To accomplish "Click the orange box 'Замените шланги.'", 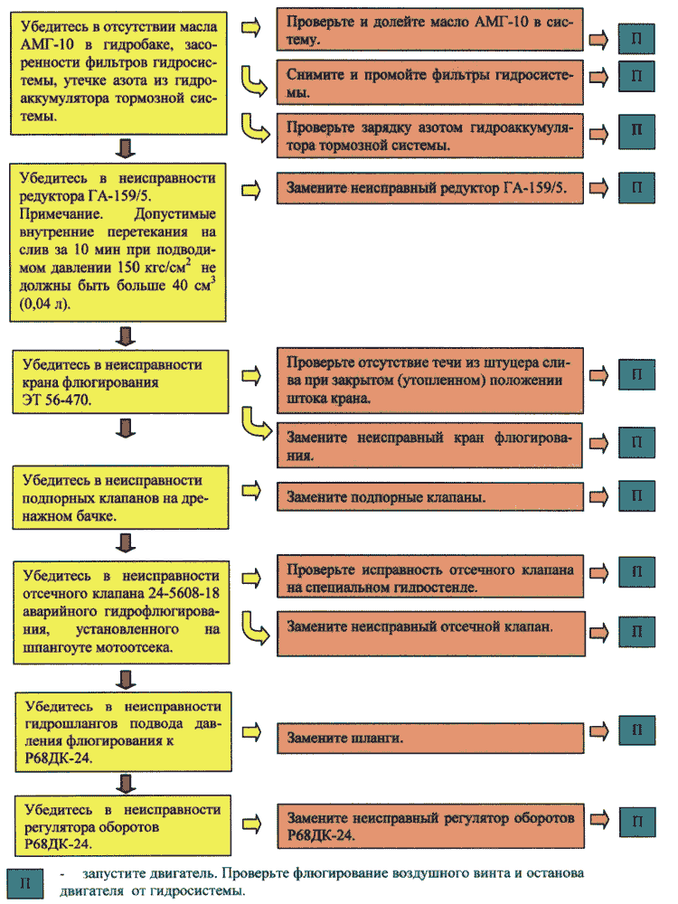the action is [430, 738].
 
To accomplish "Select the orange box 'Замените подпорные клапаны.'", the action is [430, 496].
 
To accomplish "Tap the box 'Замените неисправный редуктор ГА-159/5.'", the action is [430, 188].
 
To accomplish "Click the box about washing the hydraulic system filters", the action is [430, 82].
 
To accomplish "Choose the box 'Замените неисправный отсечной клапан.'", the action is [431, 634].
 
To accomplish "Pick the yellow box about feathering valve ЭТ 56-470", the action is [120, 381].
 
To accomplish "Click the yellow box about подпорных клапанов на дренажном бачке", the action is [120, 497].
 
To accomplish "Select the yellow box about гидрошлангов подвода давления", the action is [123, 732].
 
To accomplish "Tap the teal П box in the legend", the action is [24, 883].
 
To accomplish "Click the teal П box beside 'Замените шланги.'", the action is [637, 730].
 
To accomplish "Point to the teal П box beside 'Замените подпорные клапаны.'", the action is [637, 495].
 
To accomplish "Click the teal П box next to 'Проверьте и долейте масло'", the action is [636, 39].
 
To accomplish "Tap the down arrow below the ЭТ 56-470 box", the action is [126, 428].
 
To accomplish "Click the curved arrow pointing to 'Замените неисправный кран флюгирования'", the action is [256, 424].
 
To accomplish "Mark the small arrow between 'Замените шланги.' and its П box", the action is [599, 731].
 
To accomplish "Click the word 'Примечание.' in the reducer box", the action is [61, 214].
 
